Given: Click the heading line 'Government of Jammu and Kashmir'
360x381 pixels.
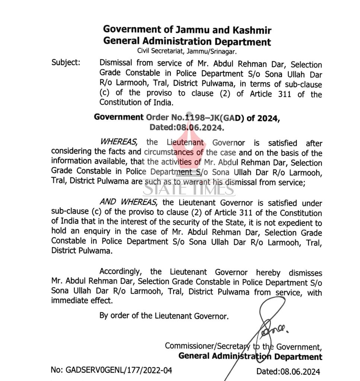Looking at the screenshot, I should tap(187, 30).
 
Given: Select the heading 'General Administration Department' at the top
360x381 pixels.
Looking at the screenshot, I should tap(187, 41).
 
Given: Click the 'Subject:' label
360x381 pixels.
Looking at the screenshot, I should tap(66, 62).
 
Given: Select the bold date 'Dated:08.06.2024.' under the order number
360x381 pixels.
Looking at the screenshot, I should tap(187, 128).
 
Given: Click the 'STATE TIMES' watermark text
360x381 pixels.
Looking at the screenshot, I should tap(189, 190).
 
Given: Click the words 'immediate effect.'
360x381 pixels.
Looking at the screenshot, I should tap(82, 300).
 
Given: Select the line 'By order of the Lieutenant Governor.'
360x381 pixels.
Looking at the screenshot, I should tap(164, 316).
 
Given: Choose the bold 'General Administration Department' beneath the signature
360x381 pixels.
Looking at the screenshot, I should tap(250, 356).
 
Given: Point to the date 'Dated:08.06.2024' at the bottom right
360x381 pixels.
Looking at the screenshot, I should tap(288, 371).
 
